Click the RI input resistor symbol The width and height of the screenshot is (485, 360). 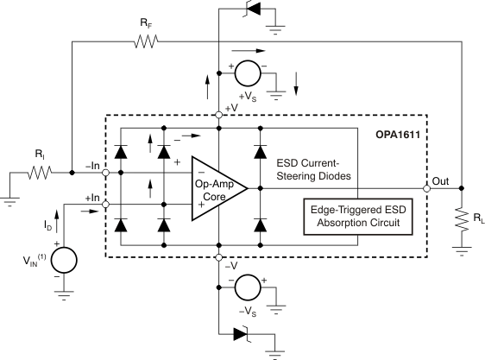coord(41,172)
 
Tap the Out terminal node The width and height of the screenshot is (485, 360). coord(426,187)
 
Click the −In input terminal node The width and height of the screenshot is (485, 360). coord(105,172)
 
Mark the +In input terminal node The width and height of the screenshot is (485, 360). coord(105,204)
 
